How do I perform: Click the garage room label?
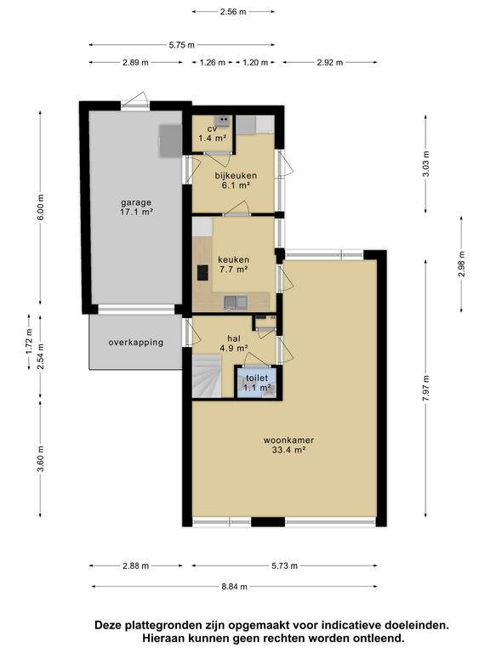tap(136, 207)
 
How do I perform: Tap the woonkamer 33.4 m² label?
tap(288, 445)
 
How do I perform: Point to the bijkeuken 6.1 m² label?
tap(236, 179)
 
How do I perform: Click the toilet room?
tap(257, 382)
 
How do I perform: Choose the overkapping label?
tap(135, 343)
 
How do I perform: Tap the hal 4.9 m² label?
tap(235, 342)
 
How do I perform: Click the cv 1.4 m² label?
tap(213, 133)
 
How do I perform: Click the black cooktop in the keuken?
tap(202, 273)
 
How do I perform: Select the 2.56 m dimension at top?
tap(232, 12)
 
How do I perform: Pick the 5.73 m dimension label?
tap(284, 565)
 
